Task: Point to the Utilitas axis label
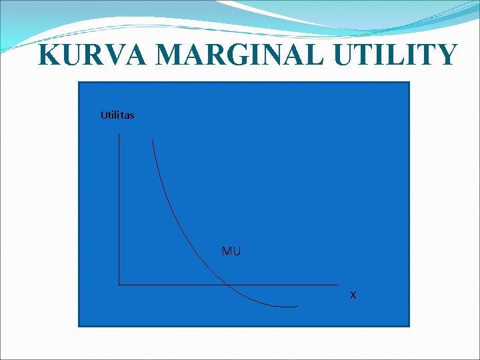tap(117, 115)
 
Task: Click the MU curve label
tap(231, 251)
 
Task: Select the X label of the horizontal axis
tap(353, 295)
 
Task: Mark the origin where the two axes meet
tap(119, 285)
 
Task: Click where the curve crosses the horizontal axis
tap(227, 285)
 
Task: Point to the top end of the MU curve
tap(153, 139)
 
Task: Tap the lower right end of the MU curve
tap(297, 307)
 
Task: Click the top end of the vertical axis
tap(119, 133)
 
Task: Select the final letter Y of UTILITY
tap(447, 55)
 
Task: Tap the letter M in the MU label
tap(227, 251)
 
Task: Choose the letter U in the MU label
tap(237, 251)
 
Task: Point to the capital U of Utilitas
tap(103, 115)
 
